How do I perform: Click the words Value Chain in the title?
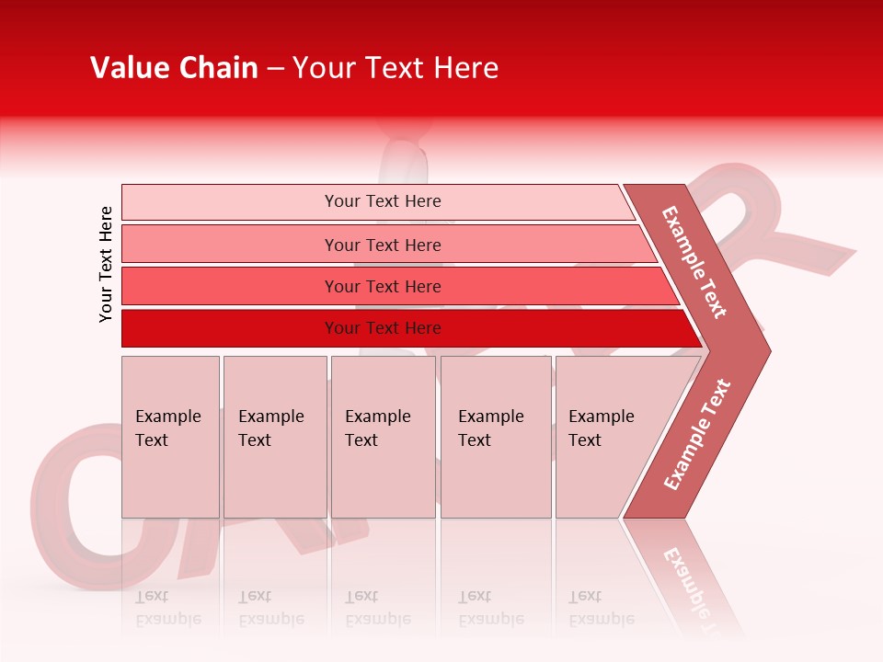click(174, 68)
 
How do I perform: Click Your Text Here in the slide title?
click(396, 68)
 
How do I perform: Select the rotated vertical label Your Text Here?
click(106, 264)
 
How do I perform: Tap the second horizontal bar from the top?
click(383, 245)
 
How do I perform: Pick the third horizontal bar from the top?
click(383, 286)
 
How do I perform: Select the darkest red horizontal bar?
click(383, 328)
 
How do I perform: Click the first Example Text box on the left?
click(170, 437)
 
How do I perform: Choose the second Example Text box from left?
click(274, 437)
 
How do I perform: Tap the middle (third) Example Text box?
click(383, 437)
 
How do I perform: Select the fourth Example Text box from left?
click(495, 437)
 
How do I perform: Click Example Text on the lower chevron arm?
click(697, 435)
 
